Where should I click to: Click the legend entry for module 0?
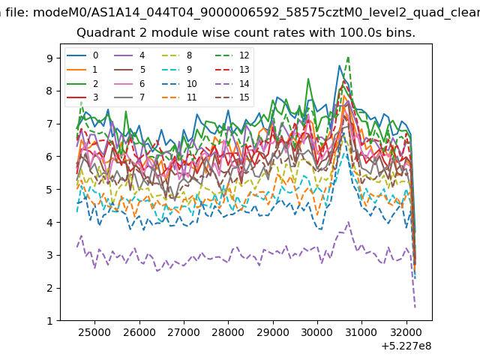(82, 55)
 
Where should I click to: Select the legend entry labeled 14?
(232, 83)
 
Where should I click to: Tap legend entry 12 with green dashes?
(232, 55)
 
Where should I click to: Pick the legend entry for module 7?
(129, 97)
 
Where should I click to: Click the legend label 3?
(95, 97)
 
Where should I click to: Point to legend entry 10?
(178, 83)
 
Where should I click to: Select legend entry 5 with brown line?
(129, 70)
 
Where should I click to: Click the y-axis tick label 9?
(50, 58)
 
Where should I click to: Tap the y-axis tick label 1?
(50, 321)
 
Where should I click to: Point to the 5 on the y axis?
(50, 190)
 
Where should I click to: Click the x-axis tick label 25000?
(94, 332)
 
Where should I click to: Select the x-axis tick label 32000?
(406, 332)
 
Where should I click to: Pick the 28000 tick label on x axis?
(228, 332)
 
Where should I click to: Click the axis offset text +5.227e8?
(406, 346)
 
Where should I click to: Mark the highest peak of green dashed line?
(348, 57)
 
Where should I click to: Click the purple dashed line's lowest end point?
(415, 307)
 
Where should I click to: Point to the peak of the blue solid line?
(339, 65)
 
